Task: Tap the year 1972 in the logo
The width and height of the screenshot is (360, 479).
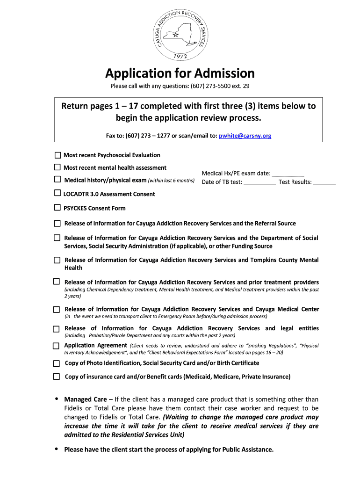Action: click(x=180, y=56)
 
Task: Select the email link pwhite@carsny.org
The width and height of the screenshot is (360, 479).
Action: click(x=245, y=136)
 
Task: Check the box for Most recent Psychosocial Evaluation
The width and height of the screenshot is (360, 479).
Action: click(x=58, y=155)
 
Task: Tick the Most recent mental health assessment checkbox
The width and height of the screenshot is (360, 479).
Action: click(x=57, y=167)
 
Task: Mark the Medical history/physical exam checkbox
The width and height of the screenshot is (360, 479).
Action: click(x=57, y=180)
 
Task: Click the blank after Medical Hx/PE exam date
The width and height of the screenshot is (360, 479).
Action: click(x=288, y=174)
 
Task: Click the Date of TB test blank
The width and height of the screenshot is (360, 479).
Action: click(x=259, y=182)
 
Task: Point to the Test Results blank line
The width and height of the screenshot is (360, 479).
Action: click(x=324, y=182)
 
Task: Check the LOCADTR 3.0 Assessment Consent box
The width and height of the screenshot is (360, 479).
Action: click(x=57, y=193)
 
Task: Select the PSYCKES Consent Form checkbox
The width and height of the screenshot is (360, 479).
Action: click(x=57, y=208)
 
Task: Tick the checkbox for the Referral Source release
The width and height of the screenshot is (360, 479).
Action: click(x=57, y=224)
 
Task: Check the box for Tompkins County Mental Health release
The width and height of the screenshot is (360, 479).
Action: click(x=57, y=260)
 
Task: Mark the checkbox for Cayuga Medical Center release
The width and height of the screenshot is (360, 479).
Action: click(x=57, y=310)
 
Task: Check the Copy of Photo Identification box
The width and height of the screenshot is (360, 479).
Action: click(x=57, y=363)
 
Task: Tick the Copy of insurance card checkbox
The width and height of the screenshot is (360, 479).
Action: click(x=57, y=377)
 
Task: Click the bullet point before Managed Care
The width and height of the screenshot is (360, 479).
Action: click(x=57, y=399)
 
